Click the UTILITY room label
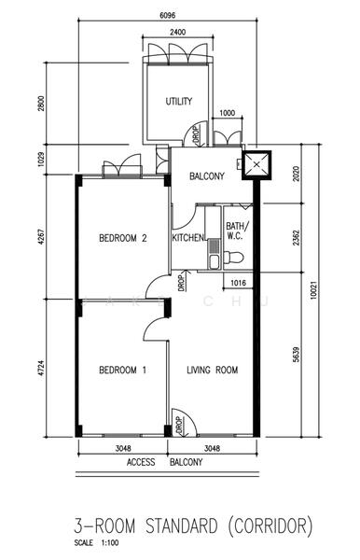point(178,101)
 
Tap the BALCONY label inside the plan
point(207,176)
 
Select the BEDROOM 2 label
point(123,238)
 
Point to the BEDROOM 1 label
point(123,370)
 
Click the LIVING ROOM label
point(213,370)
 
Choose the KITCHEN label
point(188,237)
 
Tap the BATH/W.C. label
point(235,231)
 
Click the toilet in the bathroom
point(234,257)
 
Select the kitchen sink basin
point(215,260)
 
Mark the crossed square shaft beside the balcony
point(256,165)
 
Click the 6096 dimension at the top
point(167,15)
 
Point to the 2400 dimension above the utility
point(177,32)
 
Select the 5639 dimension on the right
point(297,355)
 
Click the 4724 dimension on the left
point(42,369)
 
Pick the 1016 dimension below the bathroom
point(239,283)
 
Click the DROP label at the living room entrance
point(179,425)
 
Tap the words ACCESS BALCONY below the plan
point(164,462)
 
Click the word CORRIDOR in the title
point(270,526)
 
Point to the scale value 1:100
point(110,543)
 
